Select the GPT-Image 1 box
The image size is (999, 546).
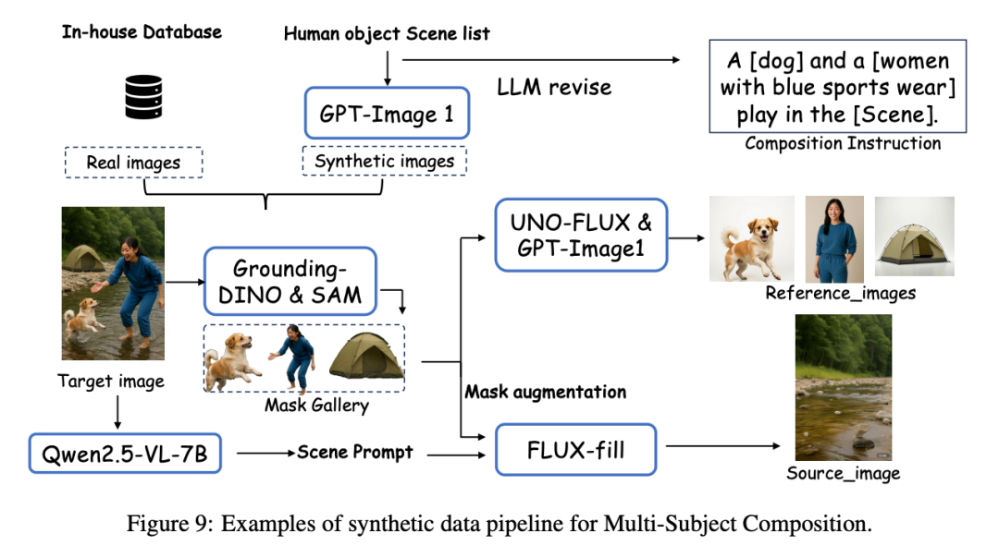[387, 115]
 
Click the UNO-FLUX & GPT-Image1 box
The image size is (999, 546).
[581, 235]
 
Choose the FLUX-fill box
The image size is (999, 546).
[575, 450]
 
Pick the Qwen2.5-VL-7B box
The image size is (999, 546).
[126, 453]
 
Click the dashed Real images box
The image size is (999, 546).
[134, 163]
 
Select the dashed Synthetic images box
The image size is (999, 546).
[385, 161]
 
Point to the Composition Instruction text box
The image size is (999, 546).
[836, 87]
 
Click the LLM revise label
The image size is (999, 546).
[554, 87]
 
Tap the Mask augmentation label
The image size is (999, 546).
[545, 392]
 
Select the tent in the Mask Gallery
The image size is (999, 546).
[366, 356]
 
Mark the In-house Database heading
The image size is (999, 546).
[142, 32]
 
